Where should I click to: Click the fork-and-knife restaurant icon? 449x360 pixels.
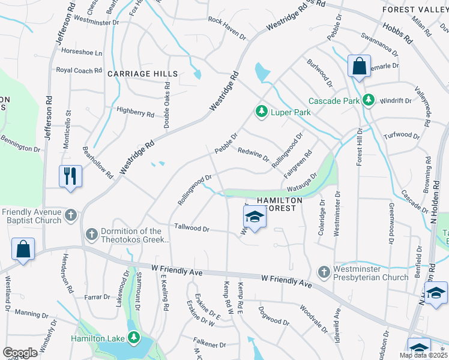point(70,176)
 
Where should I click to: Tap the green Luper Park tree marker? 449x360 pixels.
point(261,111)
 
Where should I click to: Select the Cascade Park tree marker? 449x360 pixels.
point(368,100)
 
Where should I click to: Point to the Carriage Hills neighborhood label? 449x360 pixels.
point(142,74)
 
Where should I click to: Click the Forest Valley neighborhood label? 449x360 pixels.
point(415,9)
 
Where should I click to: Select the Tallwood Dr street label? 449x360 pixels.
point(191,229)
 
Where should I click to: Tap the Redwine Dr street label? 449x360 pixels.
point(253,155)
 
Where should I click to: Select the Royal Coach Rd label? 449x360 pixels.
point(79,71)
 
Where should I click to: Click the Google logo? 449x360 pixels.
point(20,353)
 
